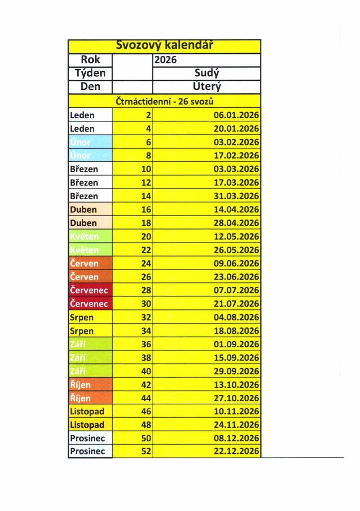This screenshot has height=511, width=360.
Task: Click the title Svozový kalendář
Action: tap(165, 45)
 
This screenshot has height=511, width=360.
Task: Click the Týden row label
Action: tap(90, 73)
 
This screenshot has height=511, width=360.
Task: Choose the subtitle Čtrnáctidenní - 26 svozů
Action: tap(165, 101)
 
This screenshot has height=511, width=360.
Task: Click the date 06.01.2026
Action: tap(236, 115)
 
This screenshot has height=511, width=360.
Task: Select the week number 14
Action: tap(146, 196)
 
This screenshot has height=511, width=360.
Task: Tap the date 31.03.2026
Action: tap(236, 196)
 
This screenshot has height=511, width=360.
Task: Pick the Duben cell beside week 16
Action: tap(83, 210)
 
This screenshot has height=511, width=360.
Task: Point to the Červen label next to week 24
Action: tap(84, 263)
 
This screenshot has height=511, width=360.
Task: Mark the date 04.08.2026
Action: tap(236, 317)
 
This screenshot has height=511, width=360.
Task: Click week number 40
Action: tap(146, 371)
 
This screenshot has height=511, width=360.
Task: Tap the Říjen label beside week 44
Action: tap(80, 398)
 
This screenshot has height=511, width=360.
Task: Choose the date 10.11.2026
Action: tap(236, 412)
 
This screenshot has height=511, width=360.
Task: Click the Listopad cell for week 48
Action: tap(87, 425)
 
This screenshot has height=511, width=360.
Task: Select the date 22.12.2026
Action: tap(236, 452)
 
